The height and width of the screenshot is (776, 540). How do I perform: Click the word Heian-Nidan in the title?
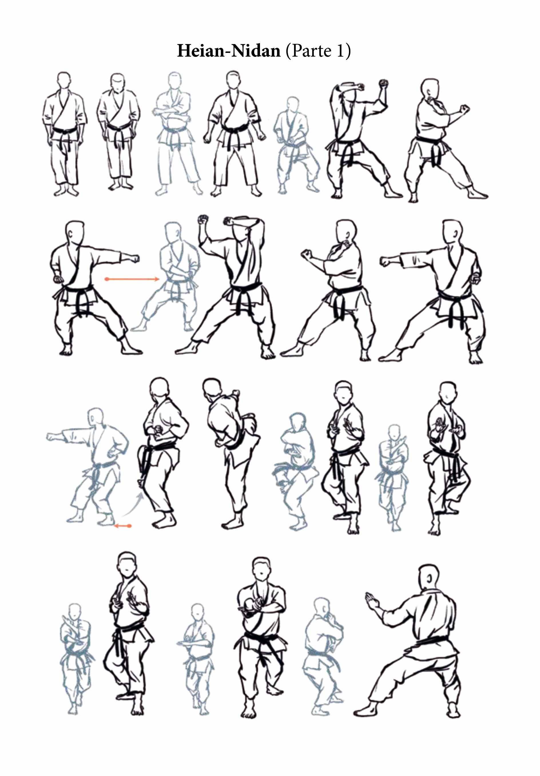coord(229,51)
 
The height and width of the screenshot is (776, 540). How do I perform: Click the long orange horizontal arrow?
coord(132,279)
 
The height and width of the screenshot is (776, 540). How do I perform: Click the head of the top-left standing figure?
coord(64,80)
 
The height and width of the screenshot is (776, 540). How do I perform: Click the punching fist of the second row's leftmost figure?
coord(135,259)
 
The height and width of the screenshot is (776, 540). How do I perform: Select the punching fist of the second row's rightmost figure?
coord(384,262)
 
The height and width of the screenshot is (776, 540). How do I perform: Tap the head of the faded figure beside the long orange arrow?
coord(173,232)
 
